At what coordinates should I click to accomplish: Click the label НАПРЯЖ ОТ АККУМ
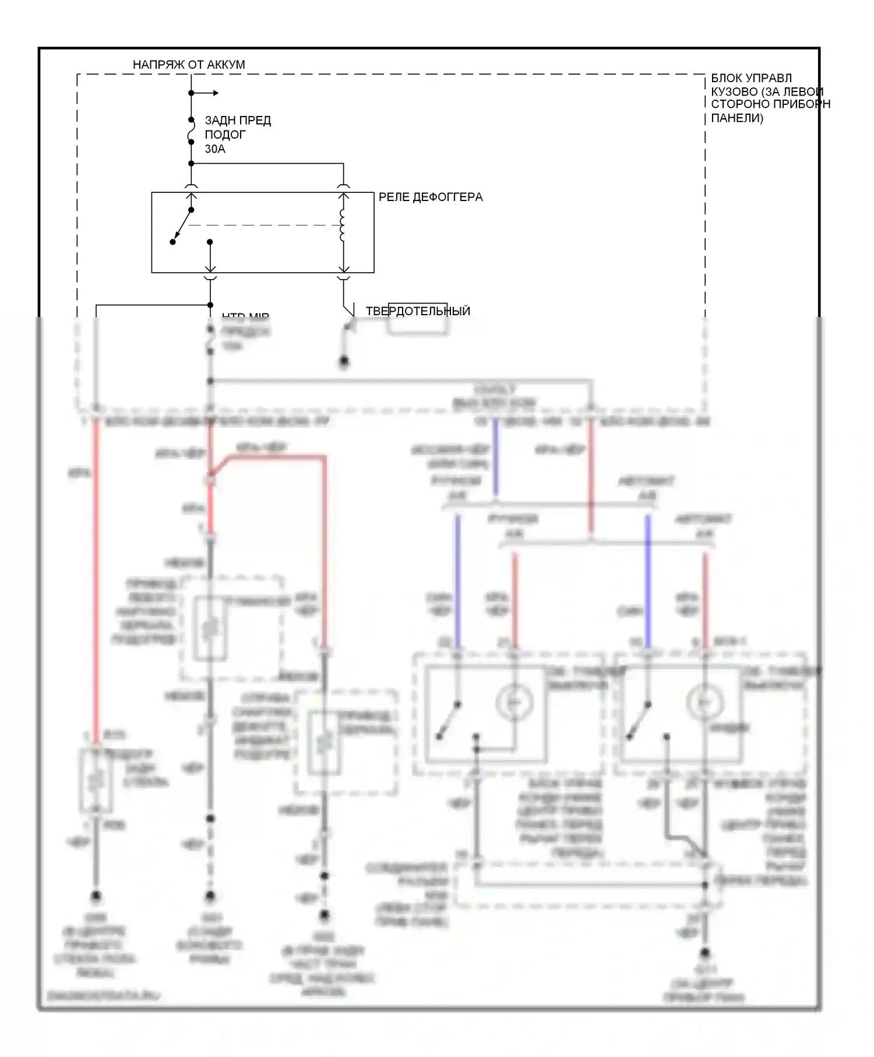click(189, 65)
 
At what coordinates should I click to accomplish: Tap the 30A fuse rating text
click(215, 149)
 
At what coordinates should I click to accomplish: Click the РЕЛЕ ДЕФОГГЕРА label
click(431, 197)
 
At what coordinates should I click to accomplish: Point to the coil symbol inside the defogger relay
click(343, 225)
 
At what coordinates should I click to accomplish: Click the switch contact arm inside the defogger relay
click(182, 226)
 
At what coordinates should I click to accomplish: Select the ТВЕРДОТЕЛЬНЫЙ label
click(418, 311)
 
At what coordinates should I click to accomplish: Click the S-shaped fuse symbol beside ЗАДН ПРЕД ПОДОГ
click(191, 135)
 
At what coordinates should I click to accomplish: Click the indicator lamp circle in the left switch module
click(514, 703)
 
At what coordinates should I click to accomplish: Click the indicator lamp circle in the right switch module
click(704, 703)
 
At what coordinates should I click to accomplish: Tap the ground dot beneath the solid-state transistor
click(344, 362)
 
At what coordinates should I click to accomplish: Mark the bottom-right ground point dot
click(705, 953)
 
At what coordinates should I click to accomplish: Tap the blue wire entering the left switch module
click(457, 583)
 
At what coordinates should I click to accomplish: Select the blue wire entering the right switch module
click(647, 583)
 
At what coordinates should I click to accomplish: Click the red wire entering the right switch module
click(705, 600)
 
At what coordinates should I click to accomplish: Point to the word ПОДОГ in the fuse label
click(225, 135)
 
